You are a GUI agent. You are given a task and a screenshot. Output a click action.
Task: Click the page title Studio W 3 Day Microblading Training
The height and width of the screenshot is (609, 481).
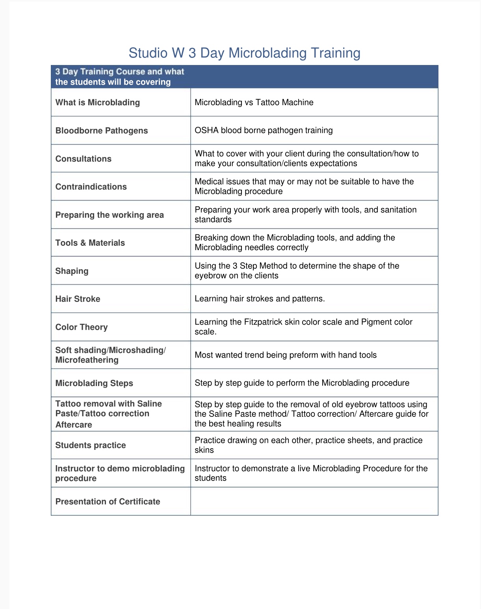[x=244, y=53]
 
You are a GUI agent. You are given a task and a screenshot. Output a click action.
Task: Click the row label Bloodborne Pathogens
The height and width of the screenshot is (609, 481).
[x=102, y=131]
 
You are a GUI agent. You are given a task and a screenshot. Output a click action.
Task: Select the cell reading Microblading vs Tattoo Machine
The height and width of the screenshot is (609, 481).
[x=254, y=102]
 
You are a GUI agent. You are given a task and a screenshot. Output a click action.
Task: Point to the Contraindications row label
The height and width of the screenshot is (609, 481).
[x=91, y=187]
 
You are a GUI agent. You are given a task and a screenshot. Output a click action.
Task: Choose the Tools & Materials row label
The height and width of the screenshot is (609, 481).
[x=90, y=243]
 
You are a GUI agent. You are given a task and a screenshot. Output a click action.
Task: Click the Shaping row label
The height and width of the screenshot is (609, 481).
[x=72, y=271]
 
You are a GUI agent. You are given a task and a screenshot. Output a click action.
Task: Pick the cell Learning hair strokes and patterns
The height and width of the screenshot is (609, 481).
[x=260, y=299]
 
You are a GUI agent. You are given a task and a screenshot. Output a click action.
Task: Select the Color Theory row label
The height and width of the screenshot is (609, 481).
[x=82, y=327]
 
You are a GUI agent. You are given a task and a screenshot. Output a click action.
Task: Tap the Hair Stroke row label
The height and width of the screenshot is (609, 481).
[x=78, y=299]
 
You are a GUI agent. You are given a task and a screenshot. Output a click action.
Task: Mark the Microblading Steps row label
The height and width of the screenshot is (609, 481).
[x=94, y=383]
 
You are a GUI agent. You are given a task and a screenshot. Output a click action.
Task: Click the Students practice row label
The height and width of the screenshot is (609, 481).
[x=91, y=445]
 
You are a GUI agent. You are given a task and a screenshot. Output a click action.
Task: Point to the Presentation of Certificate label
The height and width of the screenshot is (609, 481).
[x=108, y=501]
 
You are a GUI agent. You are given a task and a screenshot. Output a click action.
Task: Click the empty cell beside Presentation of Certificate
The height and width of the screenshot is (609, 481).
[x=314, y=501]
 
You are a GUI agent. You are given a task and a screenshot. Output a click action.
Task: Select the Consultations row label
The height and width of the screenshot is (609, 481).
[x=84, y=159]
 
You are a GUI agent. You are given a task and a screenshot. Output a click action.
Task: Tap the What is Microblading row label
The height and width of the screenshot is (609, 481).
[x=98, y=102]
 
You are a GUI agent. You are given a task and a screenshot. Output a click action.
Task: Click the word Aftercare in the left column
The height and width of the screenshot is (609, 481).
[x=74, y=425]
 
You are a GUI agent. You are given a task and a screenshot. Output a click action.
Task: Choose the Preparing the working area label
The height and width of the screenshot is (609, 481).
[x=110, y=215]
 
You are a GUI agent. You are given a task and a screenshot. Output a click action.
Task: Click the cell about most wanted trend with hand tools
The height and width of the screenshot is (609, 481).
[x=286, y=355]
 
